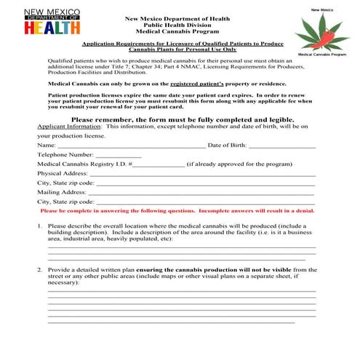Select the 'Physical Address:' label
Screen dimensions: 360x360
(x=63, y=174)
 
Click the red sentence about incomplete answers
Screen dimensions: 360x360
(x=177, y=211)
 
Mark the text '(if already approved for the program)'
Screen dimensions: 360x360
(x=239, y=164)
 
